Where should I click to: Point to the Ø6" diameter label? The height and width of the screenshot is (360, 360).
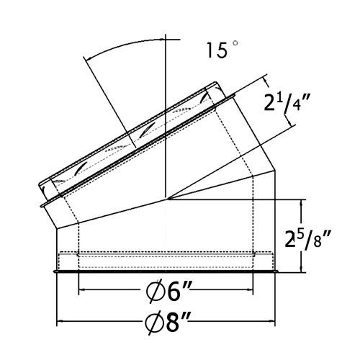pyautogui.click(x=166, y=293)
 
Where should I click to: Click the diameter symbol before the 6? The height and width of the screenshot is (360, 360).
pyautogui.click(x=151, y=294)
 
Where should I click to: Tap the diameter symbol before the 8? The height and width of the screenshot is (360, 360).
pyautogui.click(x=150, y=322)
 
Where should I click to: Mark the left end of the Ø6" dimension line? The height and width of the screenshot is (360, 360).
pyautogui.click(x=78, y=291)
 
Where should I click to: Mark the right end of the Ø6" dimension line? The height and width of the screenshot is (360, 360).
pyautogui.click(x=253, y=291)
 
